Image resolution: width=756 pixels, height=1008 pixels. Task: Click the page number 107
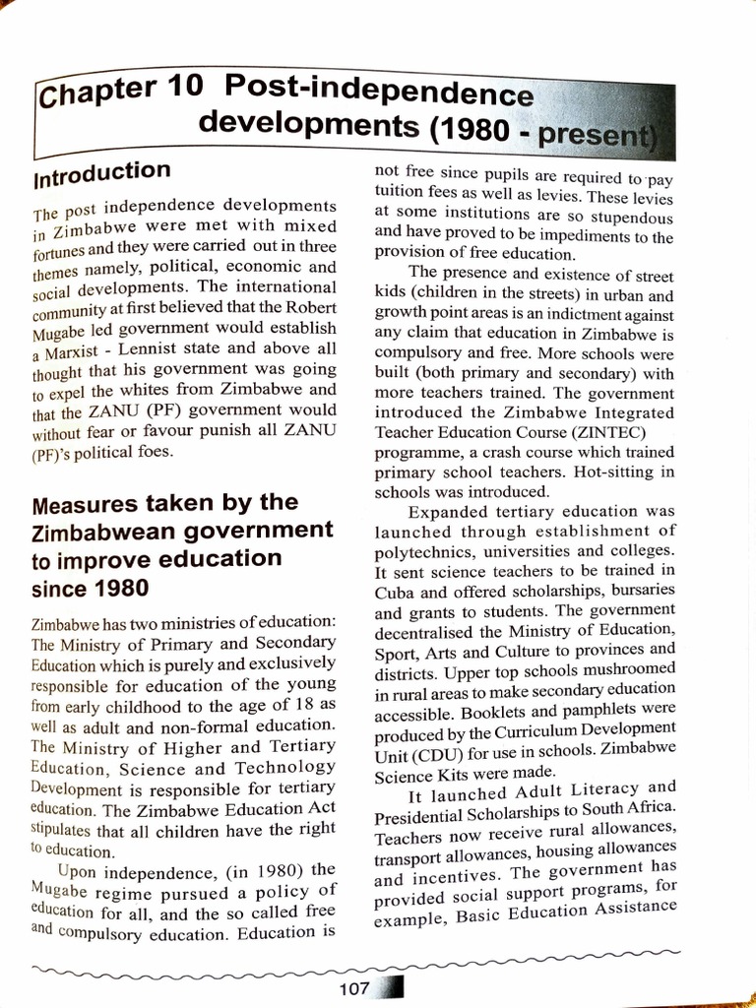[x=353, y=989]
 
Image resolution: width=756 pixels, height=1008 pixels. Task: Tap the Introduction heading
[x=101, y=173]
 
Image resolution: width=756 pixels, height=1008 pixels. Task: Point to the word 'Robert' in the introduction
[x=307, y=306]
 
